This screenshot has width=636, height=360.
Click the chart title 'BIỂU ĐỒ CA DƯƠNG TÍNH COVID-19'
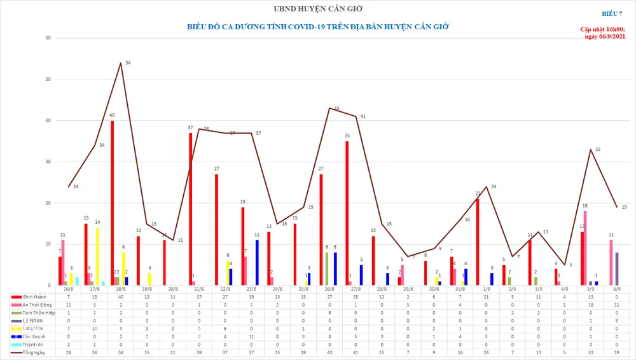click(317, 27)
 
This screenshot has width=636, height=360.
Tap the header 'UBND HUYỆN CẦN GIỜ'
click(317, 8)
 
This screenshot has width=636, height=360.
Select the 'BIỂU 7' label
click(613, 13)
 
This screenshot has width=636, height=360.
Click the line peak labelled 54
click(121, 63)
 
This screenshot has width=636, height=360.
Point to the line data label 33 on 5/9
click(597, 149)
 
